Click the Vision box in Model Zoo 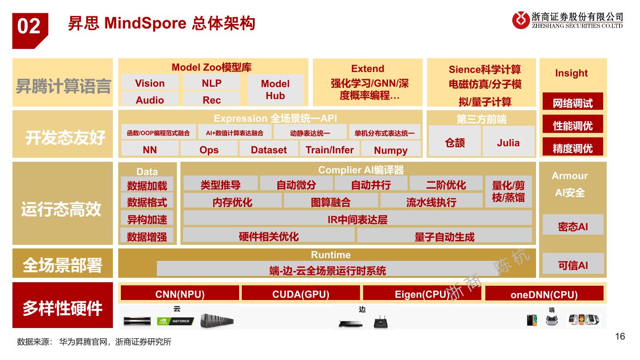point(150,83)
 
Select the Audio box point(150,100)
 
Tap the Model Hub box point(275,89)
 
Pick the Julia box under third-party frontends point(508,142)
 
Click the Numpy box point(391,150)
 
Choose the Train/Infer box point(330,149)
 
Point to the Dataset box point(269,149)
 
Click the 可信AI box point(573,264)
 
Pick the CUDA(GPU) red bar point(301,294)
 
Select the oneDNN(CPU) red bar point(544,294)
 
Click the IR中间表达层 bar point(357,219)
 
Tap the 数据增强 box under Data point(147,236)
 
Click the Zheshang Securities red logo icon point(521,20)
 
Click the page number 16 point(620,336)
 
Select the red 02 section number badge point(29,28)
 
